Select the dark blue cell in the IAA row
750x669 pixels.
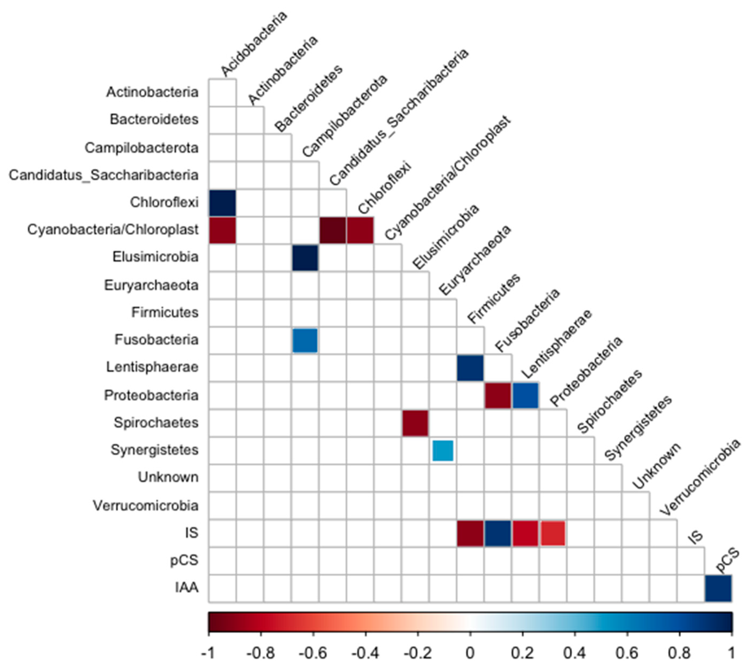(x=718, y=588)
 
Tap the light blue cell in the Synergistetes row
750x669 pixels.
(x=443, y=450)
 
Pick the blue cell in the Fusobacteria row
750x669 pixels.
(x=305, y=340)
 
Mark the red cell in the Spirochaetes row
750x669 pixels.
(x=415, y=423)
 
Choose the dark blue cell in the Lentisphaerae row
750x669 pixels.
(x=470, y=368)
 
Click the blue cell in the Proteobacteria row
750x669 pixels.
(x=526, y=396)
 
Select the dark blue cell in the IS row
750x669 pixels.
(x=498, y=533)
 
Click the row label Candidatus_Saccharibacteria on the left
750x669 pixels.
(x=104, y=175)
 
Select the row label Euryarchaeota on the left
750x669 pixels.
(x=151, y=285)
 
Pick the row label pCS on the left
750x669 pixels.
(x=184, y=560)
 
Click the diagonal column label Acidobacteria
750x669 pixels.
(x=254, y=44)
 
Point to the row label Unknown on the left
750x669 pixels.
(x=168, y=477)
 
